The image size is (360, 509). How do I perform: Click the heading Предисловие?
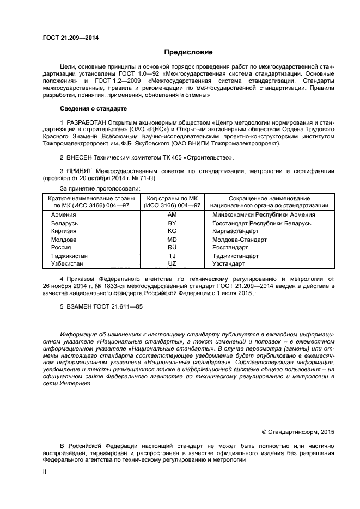point(188,52)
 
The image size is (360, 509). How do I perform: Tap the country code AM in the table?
point(172,215)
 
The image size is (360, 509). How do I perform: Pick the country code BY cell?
point(172,223)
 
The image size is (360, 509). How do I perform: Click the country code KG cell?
point(172,231)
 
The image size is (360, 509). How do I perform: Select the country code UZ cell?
point(172,263)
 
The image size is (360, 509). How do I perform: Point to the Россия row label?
point(61,247)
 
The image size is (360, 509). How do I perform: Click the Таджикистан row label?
point(69,255)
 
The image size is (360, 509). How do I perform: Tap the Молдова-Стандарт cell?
point(240,240)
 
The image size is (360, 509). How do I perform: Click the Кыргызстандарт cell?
point(236,231)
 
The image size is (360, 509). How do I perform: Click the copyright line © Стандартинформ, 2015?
point(297,432)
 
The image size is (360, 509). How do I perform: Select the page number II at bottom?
point(45,473)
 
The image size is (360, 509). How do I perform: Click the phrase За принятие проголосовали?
point(100,188)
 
